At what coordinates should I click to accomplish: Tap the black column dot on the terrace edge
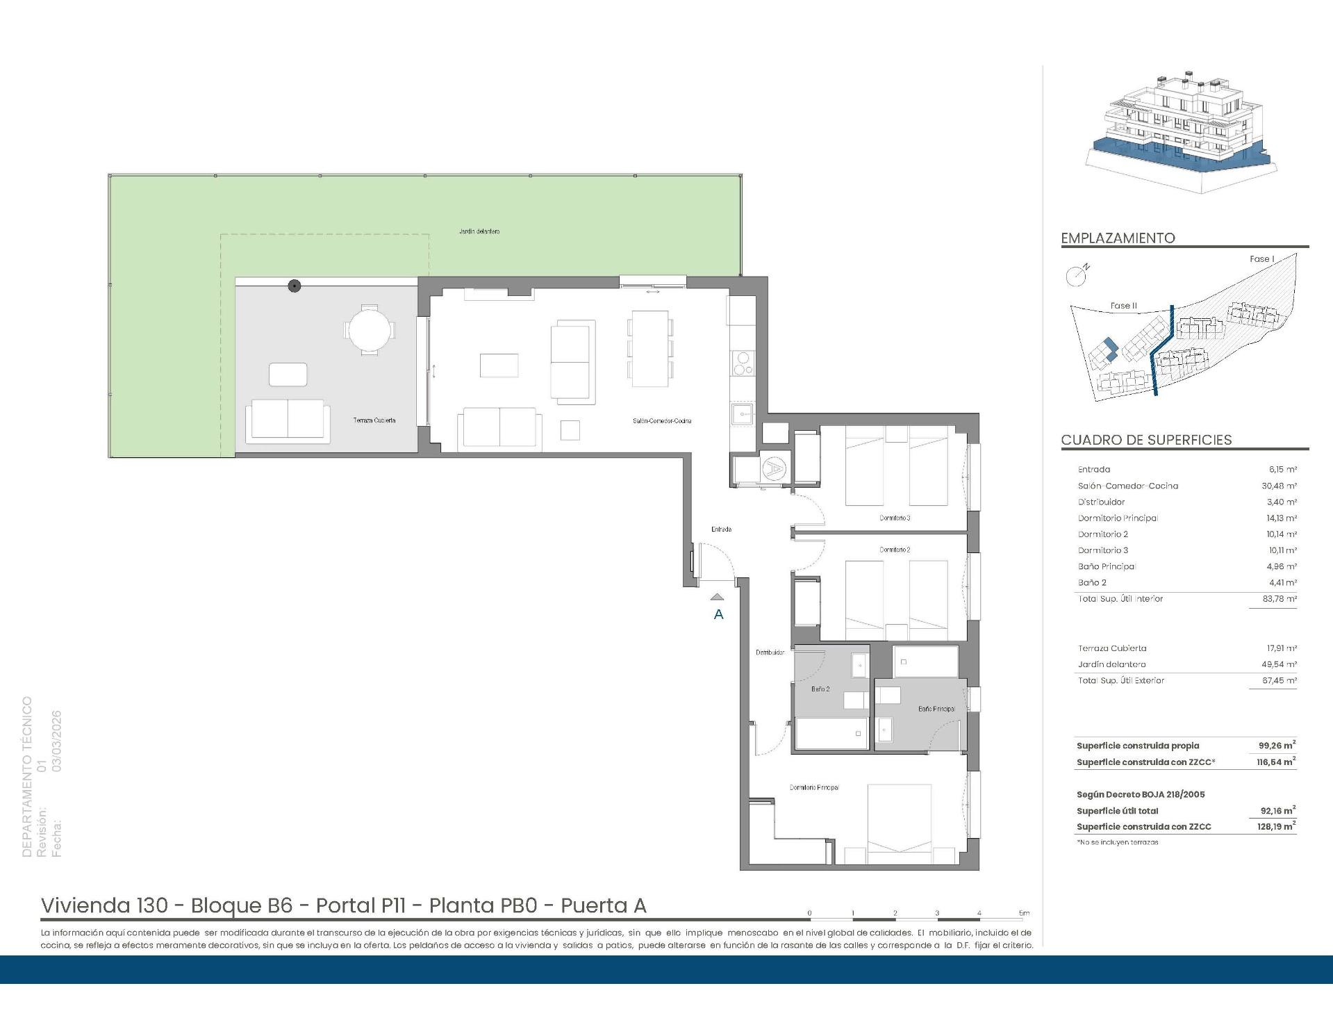295,286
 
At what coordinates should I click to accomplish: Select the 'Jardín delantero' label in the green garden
479,231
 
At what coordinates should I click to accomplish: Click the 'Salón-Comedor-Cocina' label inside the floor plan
661,420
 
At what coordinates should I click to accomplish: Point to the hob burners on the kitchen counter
742,363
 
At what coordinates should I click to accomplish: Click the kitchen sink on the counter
741,416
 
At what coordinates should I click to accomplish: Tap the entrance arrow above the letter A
718,597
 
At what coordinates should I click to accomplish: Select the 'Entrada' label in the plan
721,529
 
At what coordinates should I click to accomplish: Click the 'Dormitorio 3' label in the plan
895,518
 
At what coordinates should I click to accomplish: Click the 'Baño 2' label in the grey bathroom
820,689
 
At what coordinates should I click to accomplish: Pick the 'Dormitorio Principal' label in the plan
814,787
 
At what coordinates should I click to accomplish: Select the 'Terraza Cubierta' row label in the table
1111,648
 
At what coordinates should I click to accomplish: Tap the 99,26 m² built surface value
1277,746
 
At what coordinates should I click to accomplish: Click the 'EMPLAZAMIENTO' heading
1118,238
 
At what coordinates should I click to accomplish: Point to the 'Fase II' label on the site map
1123,306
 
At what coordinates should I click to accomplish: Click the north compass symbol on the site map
1077,275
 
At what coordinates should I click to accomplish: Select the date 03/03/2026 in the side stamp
57,741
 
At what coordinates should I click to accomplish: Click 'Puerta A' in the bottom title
603,905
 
